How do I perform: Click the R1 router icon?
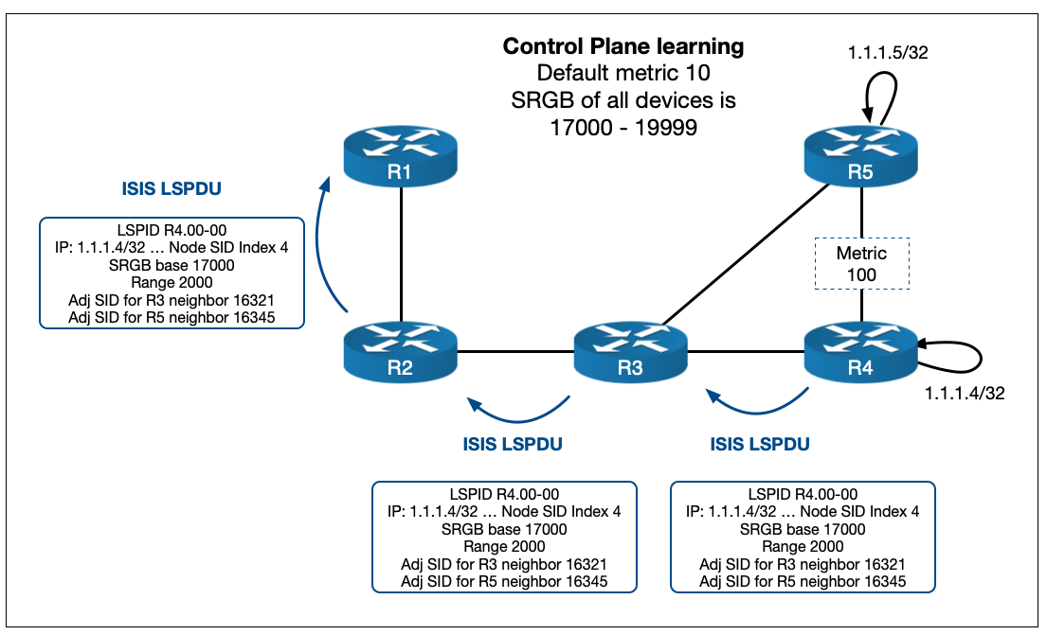(x=402, y=157)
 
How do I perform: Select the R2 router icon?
(x=402, y=351)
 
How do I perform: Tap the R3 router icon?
(x=631, y=351)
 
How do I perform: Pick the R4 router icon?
(x=860, y=351)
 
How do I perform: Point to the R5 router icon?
(x=860, y=157)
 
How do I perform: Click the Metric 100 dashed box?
(x=861, y=263)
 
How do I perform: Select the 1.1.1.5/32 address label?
(x=887, y=54)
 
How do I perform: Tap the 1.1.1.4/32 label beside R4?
(x=964, y=393)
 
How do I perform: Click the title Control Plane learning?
(x=623, y=45)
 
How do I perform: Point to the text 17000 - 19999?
(x=623, y=127)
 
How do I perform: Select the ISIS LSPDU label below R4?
(x=760, y=442)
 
